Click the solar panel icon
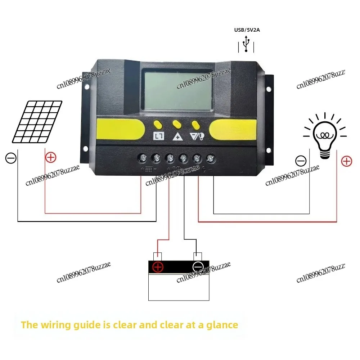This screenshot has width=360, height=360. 37,121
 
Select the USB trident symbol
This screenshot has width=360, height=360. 246,44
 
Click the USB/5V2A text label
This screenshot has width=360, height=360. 247,30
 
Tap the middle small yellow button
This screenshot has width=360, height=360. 177,125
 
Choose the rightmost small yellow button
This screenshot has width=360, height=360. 196,125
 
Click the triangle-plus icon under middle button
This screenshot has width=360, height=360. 177,136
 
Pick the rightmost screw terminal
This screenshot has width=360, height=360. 210,158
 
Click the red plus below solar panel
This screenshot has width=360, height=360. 51,157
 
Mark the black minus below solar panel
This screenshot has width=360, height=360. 11,158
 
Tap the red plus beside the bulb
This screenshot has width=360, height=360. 346,161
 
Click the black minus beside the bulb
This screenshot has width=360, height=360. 301,161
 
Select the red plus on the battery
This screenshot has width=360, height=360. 158,267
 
